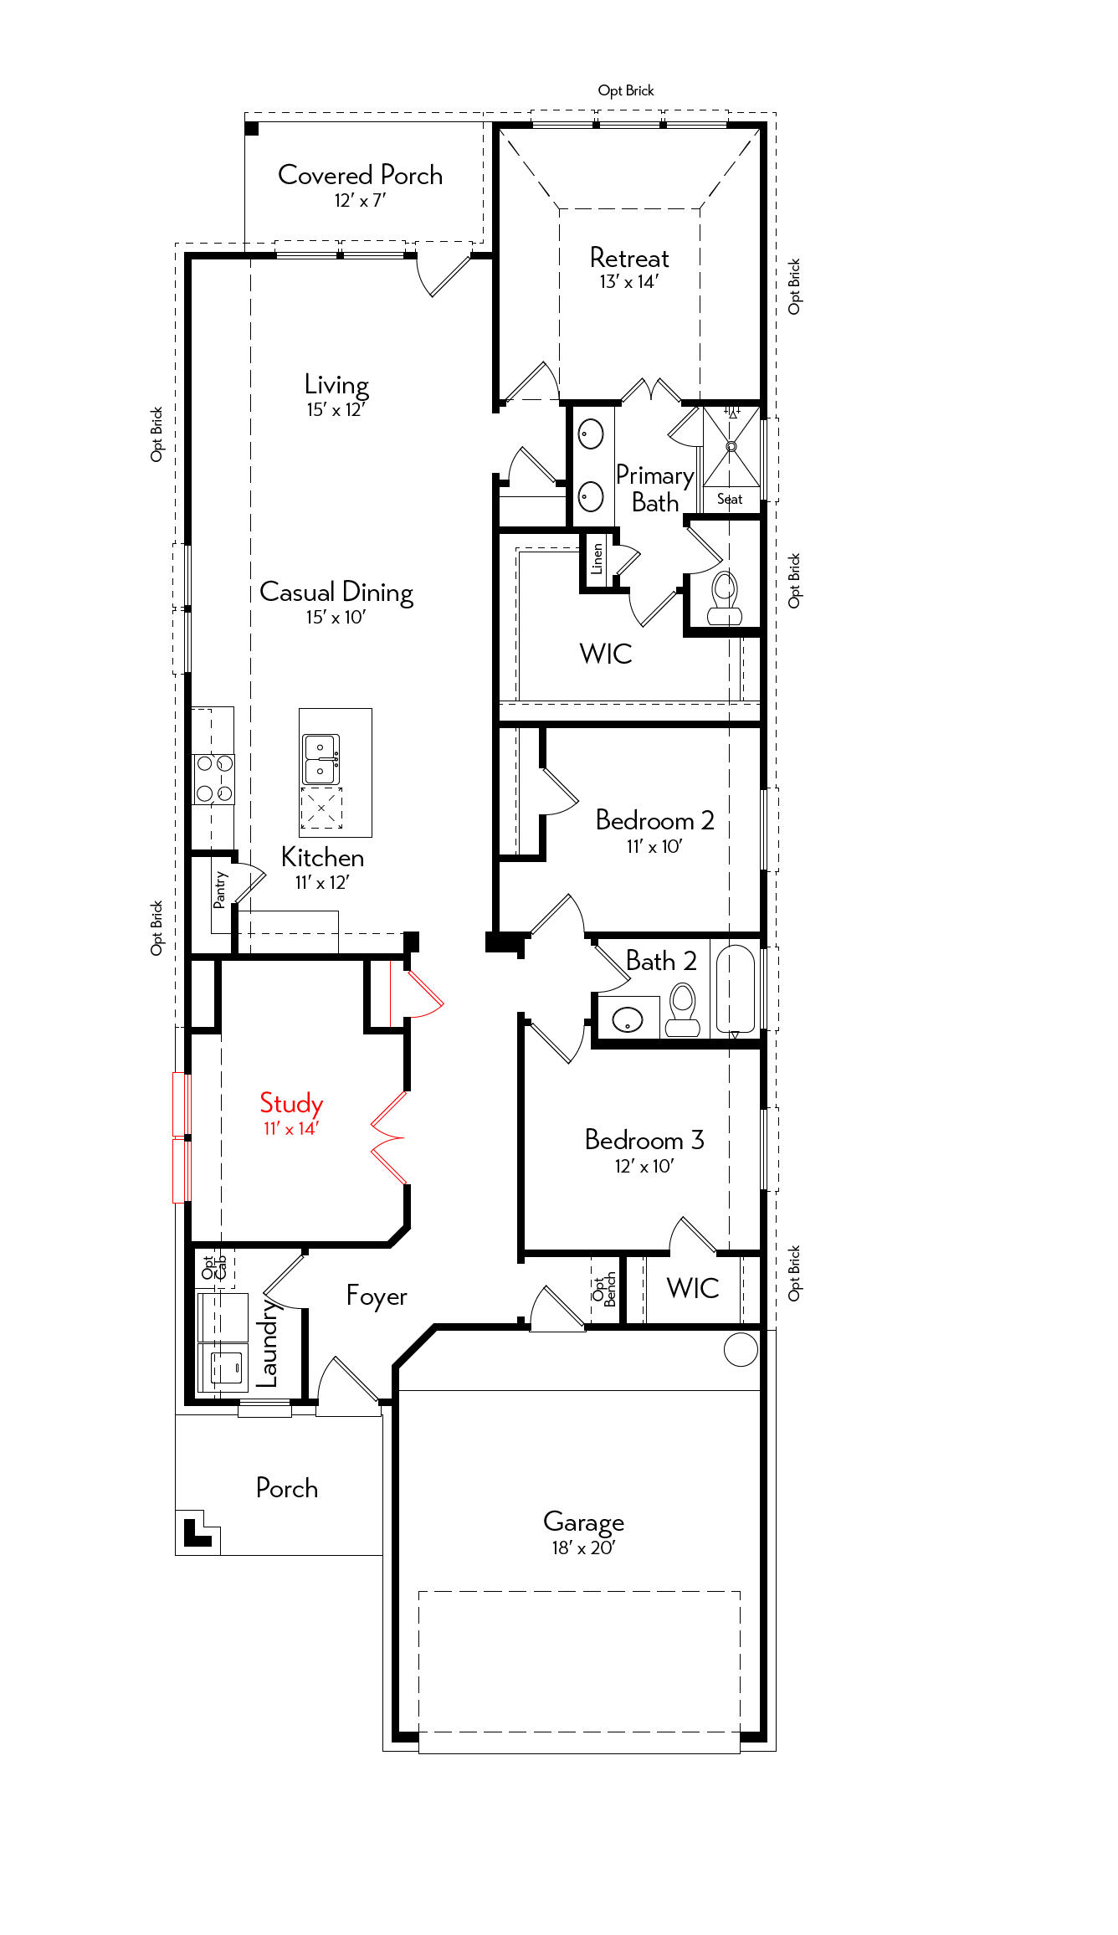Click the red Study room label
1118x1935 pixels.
point(291,1104)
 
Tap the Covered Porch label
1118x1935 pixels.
point(360,175)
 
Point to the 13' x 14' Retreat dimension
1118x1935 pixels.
point(629,282)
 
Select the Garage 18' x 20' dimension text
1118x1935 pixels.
point(583,1548)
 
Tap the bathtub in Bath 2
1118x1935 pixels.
point(736,989)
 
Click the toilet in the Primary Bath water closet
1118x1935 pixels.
point(725,598)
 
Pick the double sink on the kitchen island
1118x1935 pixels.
point(321,758)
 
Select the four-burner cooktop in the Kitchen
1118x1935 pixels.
point(214,779)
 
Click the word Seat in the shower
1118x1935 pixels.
point(730,499)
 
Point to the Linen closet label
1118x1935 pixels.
point(597,558)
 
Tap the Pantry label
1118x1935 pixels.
point(220,890)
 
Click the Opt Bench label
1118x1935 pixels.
point(604,1290)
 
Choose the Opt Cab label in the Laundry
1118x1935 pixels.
point(214,1268)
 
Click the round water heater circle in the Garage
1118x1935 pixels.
point(741,1349)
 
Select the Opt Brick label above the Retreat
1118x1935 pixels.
point(626,90)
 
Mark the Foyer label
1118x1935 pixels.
point(377,1296)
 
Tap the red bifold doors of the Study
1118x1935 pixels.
point(388,1138)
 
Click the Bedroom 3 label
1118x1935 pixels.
point(644,1140)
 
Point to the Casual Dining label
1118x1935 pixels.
point(336,593)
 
